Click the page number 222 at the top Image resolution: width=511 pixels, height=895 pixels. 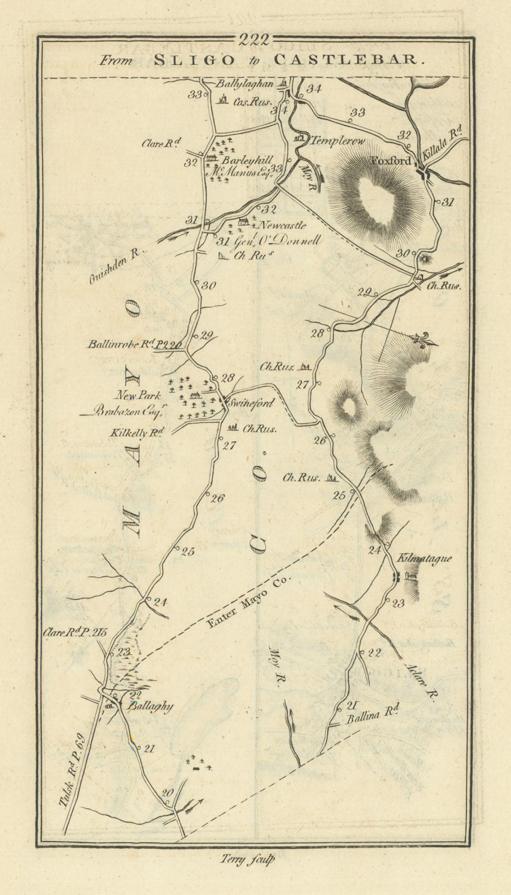(x=254, y=39)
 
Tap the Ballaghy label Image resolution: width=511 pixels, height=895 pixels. (x=149, y=706)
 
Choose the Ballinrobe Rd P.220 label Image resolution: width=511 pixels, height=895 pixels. (x=134, y=345)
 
